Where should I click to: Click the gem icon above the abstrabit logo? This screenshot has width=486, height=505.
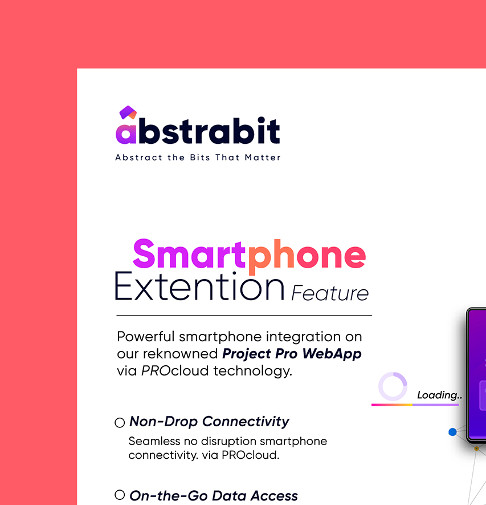pyautogui.click(x=128, y=112)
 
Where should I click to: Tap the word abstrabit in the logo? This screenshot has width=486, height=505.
pyautogui.click(x=198, y=131)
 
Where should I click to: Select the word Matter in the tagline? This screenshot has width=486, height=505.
pyautogui.click(x=263, y=157)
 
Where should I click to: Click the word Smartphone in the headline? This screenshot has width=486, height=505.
pyautogui.click(x=250, y=254)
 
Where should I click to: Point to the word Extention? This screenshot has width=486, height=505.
pyautogui.click(x=199, y=286)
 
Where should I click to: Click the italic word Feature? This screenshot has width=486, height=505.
pyautogui.click(x=330, y=293)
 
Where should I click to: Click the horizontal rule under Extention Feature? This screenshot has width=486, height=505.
pyautogui.click(x=244, y=316)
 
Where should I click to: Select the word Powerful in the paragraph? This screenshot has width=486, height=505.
pyautogui.click(x=145, y=337)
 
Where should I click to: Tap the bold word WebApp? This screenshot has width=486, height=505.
pyautogui.click(x=332, y=354)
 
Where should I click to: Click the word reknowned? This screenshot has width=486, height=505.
pyautogui.click(x=181, y=354)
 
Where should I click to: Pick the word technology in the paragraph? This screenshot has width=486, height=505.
pyautogui.click(x=253, y=371)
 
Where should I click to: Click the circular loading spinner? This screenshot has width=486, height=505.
pyautogui.click(x=393, y=386)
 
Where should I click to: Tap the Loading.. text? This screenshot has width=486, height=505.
pyautogui.click(x=439, y=395)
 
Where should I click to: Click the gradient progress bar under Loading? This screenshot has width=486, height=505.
pyautogui.click(x=415, y=405)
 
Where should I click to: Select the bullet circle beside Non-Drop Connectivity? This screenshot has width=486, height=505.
pyautogui.click(x=120, y=423)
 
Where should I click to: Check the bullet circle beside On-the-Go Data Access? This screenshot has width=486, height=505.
pyautogui.click(x=120, y=495)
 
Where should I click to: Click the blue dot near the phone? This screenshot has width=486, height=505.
pyautogui.click(x=452, y=432)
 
